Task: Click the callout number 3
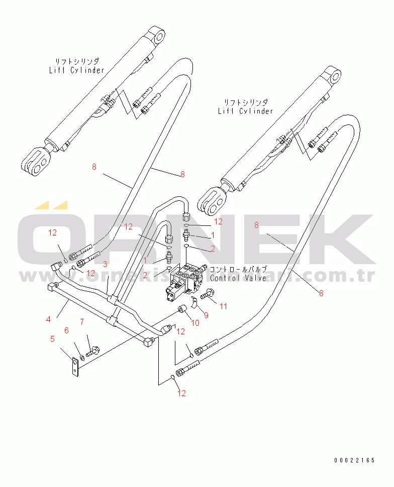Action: (106, 264)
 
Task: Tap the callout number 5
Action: (52, 339)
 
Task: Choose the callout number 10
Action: (195, 323)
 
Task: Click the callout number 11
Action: (223, 306)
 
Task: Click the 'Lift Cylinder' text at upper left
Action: (76, 70)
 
